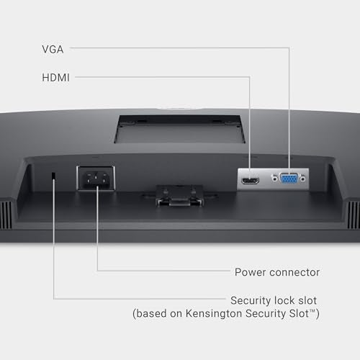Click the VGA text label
click(53, 50)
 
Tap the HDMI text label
click(55, 78)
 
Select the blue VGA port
click(289, 179)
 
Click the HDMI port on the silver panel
click(250, 181)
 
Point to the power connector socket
click(96, 179)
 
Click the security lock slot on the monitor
click(53, 176)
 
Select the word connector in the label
click(294, 272)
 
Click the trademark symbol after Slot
click(312, 311)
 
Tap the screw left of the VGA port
click(274, 179)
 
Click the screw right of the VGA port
click(303, 179)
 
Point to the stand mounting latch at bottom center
click(179, 196)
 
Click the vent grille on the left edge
click(6, 215)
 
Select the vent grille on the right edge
click(354, 215)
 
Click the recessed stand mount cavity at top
click(179, 129)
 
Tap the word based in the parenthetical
click(151, 313)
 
